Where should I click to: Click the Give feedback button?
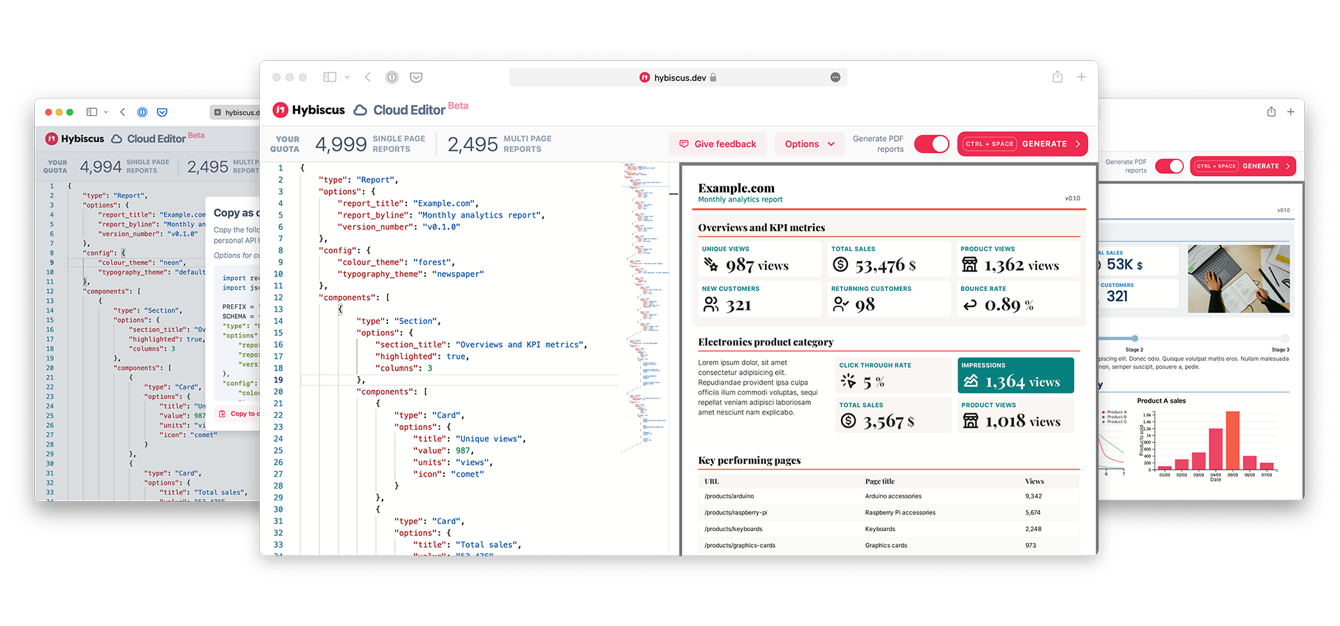[717, 144]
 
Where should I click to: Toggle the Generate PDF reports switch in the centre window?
[932, 144]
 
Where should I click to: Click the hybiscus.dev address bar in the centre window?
[678, 77]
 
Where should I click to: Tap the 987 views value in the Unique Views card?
[757, 265]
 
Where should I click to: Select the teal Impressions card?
[1015, 375]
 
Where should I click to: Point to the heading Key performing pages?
[749, 461]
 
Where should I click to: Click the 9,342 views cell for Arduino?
[1033, 496]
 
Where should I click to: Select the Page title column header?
[879, 482]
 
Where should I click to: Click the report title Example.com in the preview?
[736, 188]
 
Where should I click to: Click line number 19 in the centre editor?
[278, 380]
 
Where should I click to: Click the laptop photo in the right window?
[1238, 278]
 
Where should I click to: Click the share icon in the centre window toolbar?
[1057, 77]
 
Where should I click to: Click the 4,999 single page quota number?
[341, 144]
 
